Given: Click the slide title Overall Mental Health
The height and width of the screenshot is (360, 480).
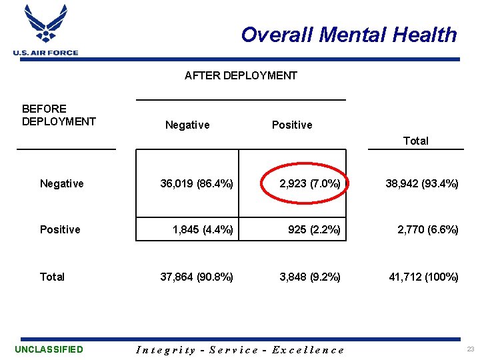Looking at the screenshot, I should [349, 35].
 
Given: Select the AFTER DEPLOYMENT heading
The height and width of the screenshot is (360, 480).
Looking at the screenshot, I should [241, 75].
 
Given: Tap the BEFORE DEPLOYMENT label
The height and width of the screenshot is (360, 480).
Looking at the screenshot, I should [59, 115].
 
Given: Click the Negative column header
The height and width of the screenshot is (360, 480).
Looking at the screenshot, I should [187, 125].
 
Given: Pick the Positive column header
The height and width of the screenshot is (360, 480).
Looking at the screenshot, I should [292, 125].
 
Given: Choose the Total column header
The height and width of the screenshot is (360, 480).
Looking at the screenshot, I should [415, 141].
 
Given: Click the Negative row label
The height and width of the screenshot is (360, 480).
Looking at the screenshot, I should [62, 183].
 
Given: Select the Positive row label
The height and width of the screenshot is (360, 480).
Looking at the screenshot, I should [60, 229].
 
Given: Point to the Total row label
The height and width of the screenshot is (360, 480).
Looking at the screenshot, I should [52, 277].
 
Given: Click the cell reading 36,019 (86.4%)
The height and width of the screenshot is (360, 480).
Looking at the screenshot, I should [197, 183].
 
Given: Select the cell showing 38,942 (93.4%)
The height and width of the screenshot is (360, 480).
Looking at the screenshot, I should [422, 183].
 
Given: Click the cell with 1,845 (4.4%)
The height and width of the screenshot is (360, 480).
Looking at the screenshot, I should [203, 230].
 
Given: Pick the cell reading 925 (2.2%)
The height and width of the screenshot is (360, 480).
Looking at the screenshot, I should [314, 230].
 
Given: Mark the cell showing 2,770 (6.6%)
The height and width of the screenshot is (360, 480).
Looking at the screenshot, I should [428, 230].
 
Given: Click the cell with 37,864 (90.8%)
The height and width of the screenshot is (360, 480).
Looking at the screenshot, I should [197, 277].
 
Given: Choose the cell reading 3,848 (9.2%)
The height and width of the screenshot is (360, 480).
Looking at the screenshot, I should [310, 277].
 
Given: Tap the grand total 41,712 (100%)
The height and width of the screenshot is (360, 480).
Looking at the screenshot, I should [424, 277].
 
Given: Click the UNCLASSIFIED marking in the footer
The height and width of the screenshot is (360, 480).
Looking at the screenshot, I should [49, 349].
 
